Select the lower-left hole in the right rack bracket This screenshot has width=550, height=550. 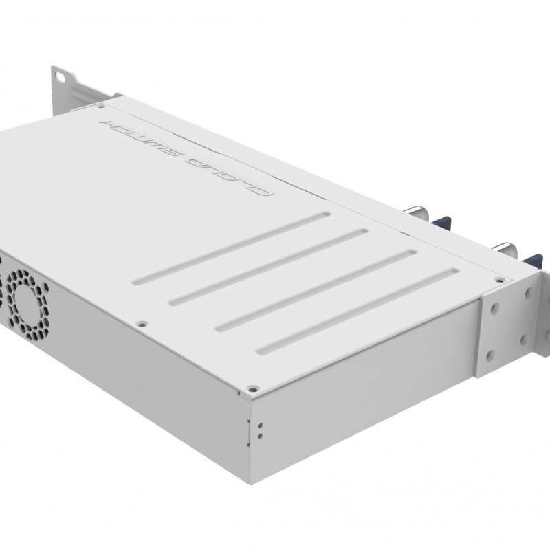(x=489, y=355)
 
